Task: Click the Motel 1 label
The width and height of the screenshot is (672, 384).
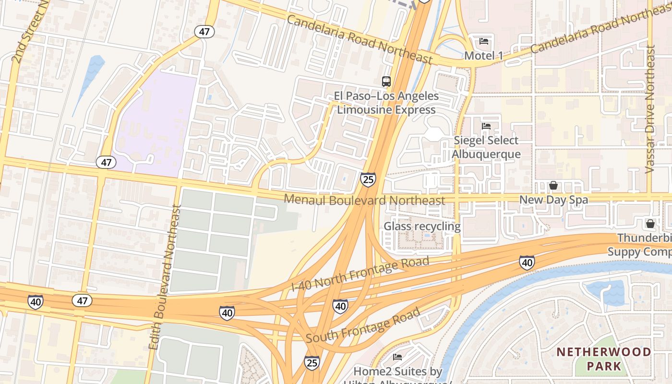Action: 483,56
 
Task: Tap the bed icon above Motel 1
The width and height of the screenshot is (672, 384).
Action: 484,41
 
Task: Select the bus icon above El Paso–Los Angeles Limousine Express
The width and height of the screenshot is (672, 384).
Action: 386,82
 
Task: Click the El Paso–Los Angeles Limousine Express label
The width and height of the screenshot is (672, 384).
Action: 386,103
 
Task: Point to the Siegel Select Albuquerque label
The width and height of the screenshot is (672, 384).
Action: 486,147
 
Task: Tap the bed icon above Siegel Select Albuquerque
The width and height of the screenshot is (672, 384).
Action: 486,126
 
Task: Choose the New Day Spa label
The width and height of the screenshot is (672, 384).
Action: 553,200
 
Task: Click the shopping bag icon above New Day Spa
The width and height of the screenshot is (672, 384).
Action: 553,185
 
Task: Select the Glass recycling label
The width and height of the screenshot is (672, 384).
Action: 422,226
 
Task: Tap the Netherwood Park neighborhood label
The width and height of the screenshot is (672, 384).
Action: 604,359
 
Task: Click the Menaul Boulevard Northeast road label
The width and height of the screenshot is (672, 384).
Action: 364,200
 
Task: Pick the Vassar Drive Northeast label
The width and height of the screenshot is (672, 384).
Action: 650,109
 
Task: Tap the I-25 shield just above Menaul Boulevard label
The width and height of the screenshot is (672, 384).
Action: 368,180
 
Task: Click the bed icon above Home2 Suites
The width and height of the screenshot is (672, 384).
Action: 397,357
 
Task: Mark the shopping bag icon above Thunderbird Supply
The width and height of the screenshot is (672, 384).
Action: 650,224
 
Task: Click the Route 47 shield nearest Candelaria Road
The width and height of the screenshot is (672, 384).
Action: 204,32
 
